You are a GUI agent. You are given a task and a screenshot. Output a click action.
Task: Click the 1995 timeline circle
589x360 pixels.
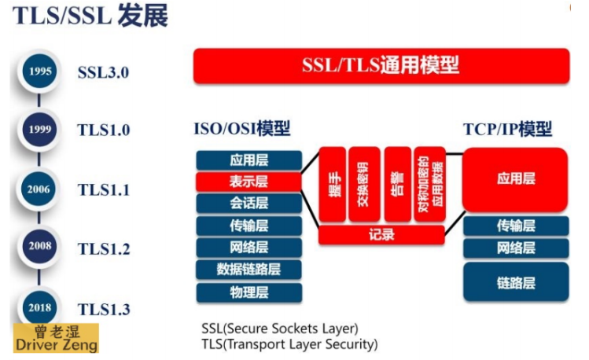point(40,72)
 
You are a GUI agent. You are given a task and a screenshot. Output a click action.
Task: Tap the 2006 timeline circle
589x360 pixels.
point(40,189)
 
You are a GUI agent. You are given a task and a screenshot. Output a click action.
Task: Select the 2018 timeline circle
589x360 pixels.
point(40,307)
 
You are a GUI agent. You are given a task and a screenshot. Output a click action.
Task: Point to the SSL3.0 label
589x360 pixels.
point(103,72)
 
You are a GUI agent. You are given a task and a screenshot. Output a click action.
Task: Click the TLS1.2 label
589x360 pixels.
point(104,249)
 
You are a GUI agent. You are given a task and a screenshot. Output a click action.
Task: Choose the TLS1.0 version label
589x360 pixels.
point(104,130)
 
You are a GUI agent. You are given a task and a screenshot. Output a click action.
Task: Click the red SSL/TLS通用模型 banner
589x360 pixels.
point(381,65)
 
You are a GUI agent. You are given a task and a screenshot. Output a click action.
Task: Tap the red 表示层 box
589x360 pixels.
point(248,182)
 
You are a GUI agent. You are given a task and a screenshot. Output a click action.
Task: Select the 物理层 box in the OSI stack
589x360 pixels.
point(248,292)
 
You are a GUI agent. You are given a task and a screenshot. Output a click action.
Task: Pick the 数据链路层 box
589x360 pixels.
point(248,270)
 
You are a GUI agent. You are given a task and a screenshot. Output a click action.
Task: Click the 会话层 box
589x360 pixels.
point(248,204)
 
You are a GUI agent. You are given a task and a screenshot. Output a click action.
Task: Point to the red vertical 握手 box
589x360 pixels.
point(332,183)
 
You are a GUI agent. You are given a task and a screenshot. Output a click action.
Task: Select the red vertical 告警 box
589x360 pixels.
point(397,183)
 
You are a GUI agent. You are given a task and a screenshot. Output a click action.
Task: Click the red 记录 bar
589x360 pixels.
point(381,234)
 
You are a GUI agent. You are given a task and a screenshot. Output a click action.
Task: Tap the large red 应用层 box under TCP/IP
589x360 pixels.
point(515,179)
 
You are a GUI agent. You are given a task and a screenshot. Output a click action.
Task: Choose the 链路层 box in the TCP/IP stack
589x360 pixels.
point(515,281)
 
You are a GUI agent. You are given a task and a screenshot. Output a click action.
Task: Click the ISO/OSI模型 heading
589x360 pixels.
point(242,129)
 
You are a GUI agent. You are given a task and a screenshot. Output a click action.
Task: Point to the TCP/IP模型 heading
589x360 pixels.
point(507,129)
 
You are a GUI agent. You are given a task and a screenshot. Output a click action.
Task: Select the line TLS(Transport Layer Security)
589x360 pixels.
point(289,343)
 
